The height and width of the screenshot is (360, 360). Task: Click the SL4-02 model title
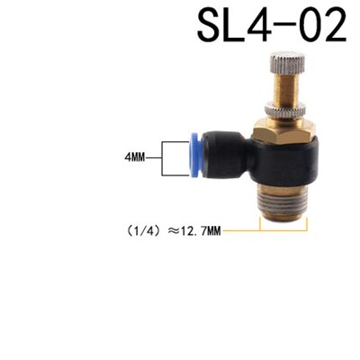click(270, 26)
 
